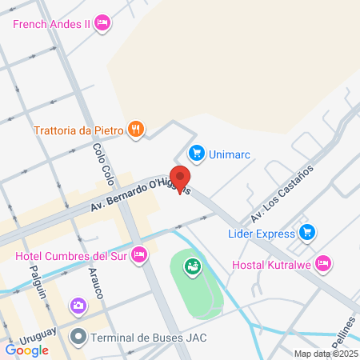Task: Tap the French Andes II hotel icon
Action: click(x=102, y=23)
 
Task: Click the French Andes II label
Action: click(x=51, y=23)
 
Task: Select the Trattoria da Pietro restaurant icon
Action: click(x=137, y=128)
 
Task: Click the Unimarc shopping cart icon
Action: click(x=195, y=152)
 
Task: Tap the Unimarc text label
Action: click(x=230, y=152)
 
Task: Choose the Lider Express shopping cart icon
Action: click(x=306, y=233)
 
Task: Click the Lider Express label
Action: click(x=262, y=233)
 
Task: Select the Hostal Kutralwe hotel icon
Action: click(x=322, y=262)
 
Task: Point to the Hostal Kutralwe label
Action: click(x=271, y=265)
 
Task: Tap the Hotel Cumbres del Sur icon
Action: click(x=139, y=256)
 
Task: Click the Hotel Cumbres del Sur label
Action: click(x=72, y=257)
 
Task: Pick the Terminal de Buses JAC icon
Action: click(x=77, y=337)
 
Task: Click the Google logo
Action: click(x=27, y=350)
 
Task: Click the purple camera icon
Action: click(x=78, y=305)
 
